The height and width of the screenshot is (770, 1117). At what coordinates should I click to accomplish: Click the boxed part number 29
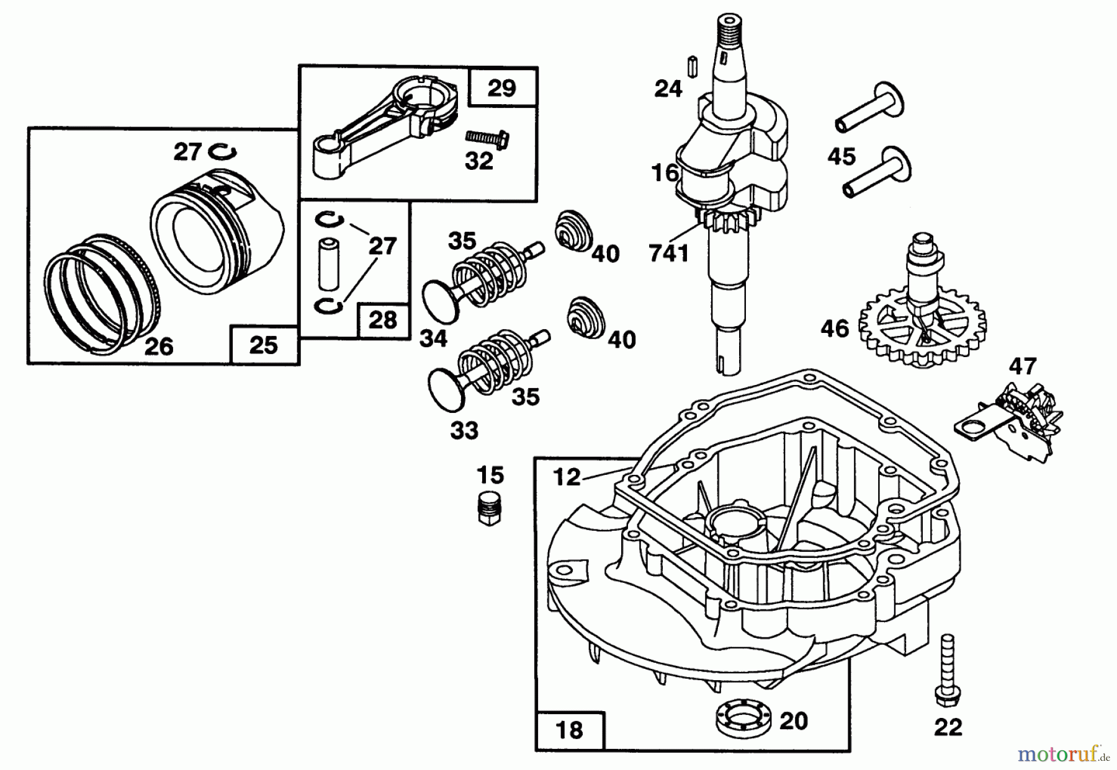tap(501, 88)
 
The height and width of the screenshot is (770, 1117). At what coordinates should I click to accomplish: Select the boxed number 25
tap(263, 345)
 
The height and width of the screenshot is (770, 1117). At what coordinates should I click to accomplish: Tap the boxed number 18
tap(569, 730)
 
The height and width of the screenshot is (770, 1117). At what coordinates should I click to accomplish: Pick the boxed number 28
tap(382, 321)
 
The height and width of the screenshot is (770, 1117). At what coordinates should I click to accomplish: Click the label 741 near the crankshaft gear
tap(668, 253)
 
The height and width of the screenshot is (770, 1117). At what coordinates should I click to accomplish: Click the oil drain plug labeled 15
tap(490, 510)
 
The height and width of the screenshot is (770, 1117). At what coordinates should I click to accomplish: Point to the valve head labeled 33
tap(447, 389)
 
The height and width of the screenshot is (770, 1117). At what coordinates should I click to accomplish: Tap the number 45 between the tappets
tap(841, 156)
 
